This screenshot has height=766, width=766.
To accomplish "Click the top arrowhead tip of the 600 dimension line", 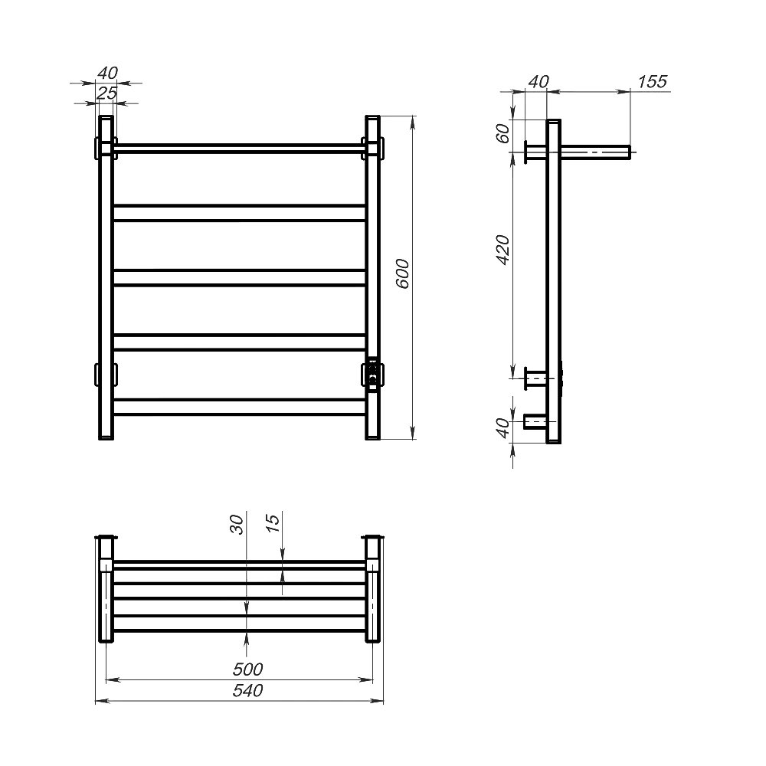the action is pyautogui.click(x=414, y=116).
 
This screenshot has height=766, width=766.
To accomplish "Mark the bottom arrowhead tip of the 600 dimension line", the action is pyautogui.click(x=414, y=439).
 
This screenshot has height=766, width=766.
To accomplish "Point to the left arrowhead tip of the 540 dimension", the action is pyautogui.click(x=95, y=701).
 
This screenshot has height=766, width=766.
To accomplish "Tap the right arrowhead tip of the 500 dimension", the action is pyautogui.click(x=373, y=679).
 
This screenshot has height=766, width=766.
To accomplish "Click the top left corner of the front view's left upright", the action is pyautogui.click(x=99, y=116).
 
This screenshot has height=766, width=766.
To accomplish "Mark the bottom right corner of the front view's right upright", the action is pyautogui.click(x=380, y=439).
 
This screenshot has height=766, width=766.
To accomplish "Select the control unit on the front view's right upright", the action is pyautogui.click(x=373, y=375).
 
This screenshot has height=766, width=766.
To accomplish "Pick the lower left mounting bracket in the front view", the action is pyautogui.click(x=106, y=375).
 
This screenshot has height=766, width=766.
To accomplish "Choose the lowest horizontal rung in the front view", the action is pyautogui.click(x=239, y=407).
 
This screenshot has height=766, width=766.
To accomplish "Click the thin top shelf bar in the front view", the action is pyautogui.click(x=239, y=149).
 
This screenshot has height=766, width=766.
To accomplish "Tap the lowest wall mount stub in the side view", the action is pyautogui.click(x=535, y=421).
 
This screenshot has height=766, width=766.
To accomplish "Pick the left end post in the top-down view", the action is pyautogui.click(x=106, y=588).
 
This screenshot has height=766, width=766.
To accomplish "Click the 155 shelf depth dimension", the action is pyautogui.click(x=652, y=82).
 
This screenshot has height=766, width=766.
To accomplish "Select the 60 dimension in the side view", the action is pyautogui.click(x=503, y=133).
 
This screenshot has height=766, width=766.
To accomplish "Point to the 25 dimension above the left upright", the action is pyautogui.click(x=106, y=93).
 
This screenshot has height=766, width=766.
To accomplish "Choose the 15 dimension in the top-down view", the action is pyautogui.click(x=274, y=522).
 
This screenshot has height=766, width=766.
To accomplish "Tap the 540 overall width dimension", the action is pyautogui.click(x=247, y=691).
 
